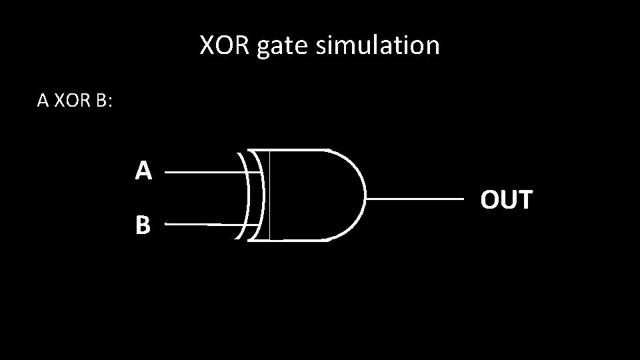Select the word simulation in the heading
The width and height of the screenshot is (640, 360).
coord(378,45)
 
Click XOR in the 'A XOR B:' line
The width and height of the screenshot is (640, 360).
coord(68,101)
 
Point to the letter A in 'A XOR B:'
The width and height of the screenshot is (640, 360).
coord(43,101)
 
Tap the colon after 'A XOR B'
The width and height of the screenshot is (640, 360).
coord(110,103)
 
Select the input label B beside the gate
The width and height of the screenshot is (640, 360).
coord(143,226)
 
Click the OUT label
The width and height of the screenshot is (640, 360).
coord(507,199)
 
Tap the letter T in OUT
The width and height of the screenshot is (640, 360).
coord(524,199)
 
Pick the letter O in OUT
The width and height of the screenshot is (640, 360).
coord(490,199)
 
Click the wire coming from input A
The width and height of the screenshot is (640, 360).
coord(200,171)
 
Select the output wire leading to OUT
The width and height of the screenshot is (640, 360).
coord(413,199)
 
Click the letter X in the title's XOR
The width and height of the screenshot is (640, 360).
coord(207,45)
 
